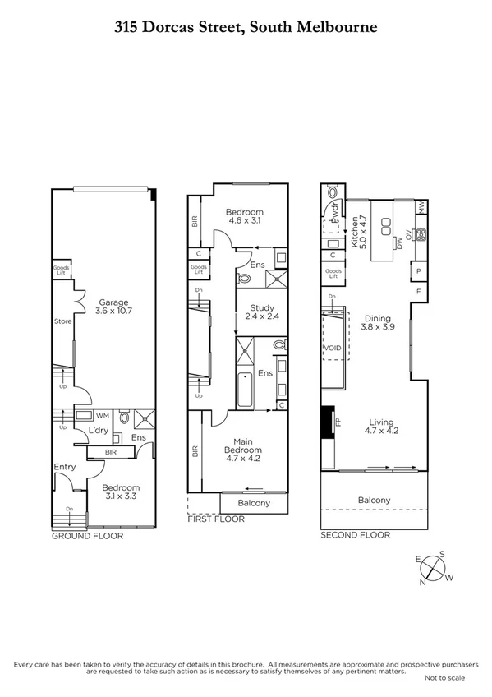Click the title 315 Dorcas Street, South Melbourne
point(246,27)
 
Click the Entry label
point(64,467)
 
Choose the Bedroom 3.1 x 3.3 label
point(121,492)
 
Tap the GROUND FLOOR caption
point(87,536)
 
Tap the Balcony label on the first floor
point(254,503)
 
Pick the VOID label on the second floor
point(334,348)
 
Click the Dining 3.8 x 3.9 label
point(377,323)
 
